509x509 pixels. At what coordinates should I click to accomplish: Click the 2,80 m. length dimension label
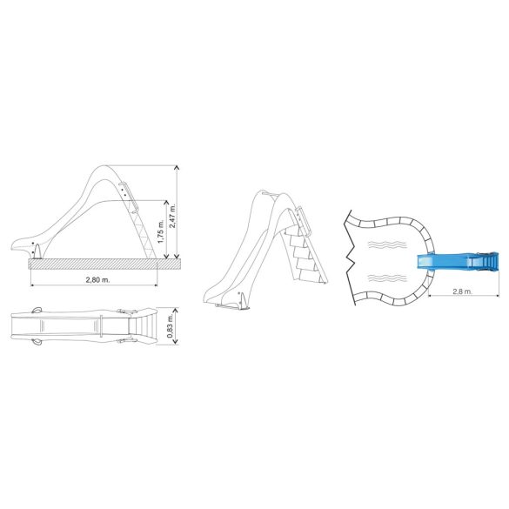97,279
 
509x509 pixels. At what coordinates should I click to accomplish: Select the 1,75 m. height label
161,231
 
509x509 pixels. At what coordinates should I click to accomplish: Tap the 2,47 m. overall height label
172,216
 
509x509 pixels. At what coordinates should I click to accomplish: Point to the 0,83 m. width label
170,326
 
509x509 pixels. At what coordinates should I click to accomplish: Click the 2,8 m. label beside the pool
462,291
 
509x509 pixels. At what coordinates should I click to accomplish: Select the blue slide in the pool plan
458,262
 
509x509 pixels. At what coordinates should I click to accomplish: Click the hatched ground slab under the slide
104,264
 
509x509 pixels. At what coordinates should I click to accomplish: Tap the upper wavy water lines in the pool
387,244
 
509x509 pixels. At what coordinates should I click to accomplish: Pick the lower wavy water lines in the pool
387,278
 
